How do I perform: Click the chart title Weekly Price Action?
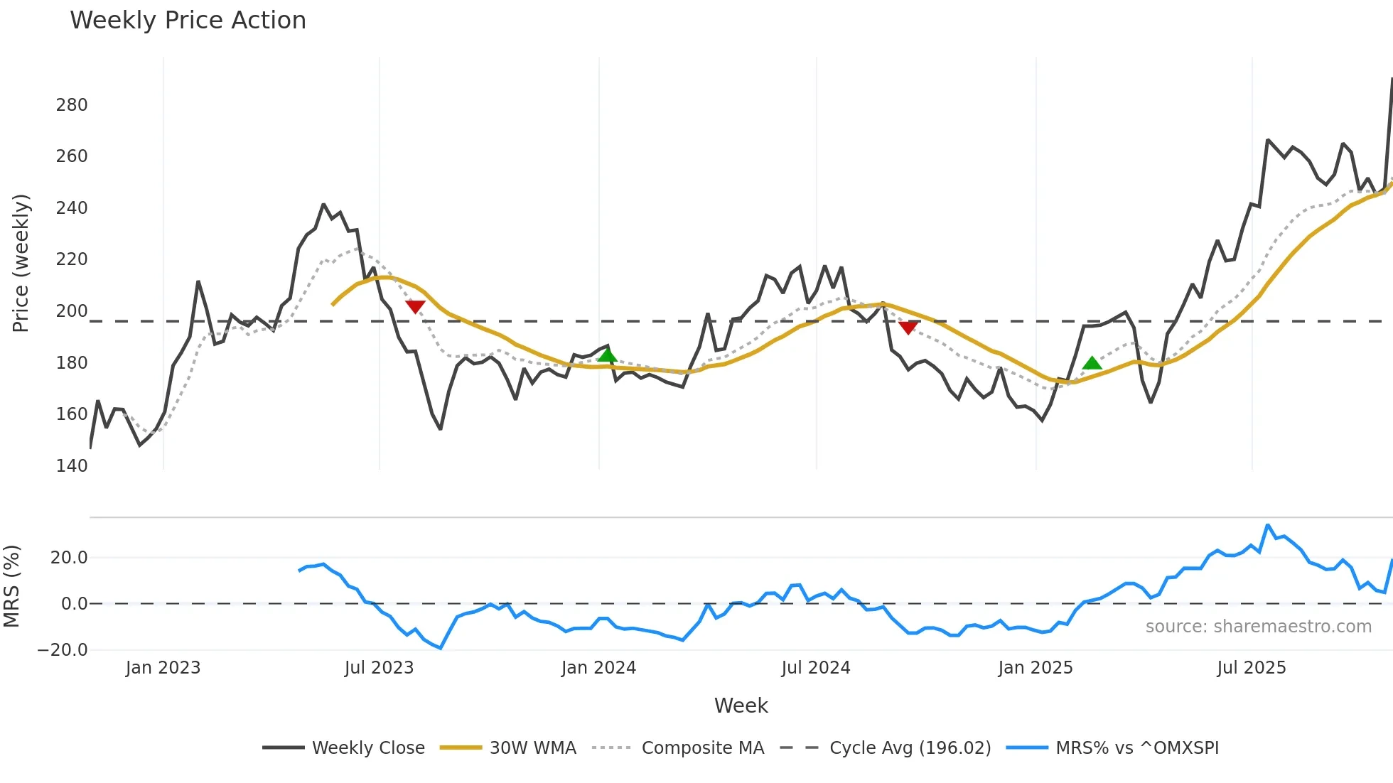pyautogui.click(x=188, y=21)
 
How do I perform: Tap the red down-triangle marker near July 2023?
pyautogui.click(x=415, y=306)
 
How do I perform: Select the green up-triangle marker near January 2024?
pyautogui.click(x=607, y=355)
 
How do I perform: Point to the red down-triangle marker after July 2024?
pyautogui.click(x=908, y=327)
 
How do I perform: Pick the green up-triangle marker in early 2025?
pyautogui.click(x=1092, y=363)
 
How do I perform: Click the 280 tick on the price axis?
pyautogui.click(x=72, y=105)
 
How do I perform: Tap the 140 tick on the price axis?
pyautogui.click(x=72, y=466)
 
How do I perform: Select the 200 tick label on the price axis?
pyautogui.click(x=72, y=311)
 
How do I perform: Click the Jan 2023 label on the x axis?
pyautogui.click(x=163, y=668)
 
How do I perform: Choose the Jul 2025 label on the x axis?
pyautogui.click(x=1251, y=668)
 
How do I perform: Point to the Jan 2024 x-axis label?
pyautogui.click(x=598, y=668)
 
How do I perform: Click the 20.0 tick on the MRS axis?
pyautogui.click(x=69, y=558)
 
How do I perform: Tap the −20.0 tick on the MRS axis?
pyautogui.click(x=63, y=650)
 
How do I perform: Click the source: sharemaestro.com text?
pyautogui.click(x=1258, y=627)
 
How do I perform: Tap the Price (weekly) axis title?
pyautogui.click(x=21, y=263)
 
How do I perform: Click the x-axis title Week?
pyautogui.click(x=741, y=706)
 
